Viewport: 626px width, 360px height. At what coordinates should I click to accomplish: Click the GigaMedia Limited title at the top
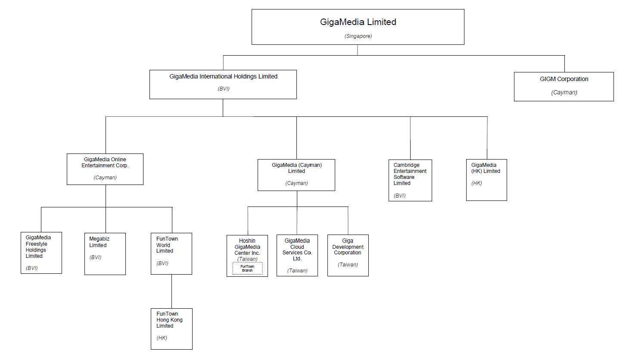click(x=358, y=22)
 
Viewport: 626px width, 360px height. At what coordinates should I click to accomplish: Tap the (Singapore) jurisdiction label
click(x=358, y=36)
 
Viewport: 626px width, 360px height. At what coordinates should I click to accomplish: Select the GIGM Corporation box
click(x=564, y=87)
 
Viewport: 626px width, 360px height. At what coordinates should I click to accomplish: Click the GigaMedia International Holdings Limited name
click(x=223, y=76)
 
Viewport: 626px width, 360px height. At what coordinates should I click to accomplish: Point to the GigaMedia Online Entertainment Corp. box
click(x=105, y=169)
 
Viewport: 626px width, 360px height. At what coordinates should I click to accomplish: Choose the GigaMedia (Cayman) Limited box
click(x=296, y=175)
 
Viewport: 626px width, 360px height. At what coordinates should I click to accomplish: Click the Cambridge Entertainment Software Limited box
click(x=410, y=180)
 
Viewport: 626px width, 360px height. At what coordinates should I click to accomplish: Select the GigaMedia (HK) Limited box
click(x=486, y=180)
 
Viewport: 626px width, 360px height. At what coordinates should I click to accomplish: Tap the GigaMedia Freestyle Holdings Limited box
click(x=41, y=253)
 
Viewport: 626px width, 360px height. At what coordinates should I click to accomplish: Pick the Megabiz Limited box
click(x=105, y=254)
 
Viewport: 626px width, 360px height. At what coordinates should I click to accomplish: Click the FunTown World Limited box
click(x=171, y=254)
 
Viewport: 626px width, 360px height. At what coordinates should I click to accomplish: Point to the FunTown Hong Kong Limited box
click(x=171, y=329)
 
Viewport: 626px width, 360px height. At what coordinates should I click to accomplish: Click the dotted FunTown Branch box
click(x=247, y=269)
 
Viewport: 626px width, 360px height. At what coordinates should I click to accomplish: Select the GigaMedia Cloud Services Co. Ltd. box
click(x=297, y=255)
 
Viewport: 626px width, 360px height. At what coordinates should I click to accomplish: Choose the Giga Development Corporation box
click(x=348, y=255)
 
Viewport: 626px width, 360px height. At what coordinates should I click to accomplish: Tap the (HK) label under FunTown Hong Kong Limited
click(x=162, y=338)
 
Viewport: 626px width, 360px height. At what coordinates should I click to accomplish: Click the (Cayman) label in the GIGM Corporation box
click(x=564, y=92)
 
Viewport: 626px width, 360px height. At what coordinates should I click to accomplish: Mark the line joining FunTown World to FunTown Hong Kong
click(x=171, y=291)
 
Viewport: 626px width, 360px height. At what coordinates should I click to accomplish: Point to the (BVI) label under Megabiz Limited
click(x=95, y=257)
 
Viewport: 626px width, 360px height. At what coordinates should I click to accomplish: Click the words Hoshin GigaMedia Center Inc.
click(x=247, y=247)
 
